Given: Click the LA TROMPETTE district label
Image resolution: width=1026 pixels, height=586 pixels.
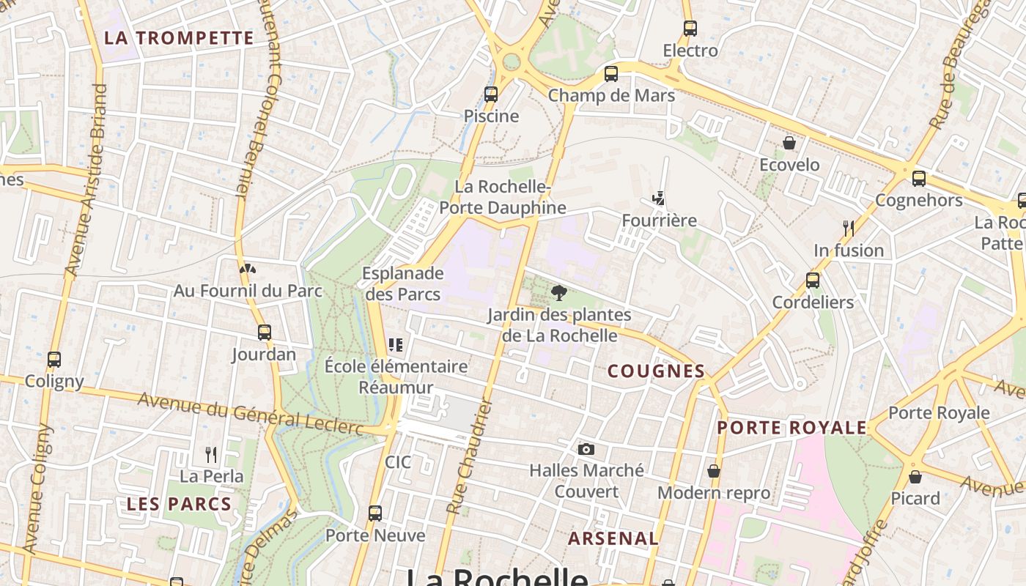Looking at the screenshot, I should pyautogui.click(x=179, y=38).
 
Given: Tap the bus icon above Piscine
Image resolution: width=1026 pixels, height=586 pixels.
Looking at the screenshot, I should pyautogui.click(x=491, y=94).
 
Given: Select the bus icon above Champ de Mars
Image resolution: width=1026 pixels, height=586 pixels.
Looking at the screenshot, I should pyautogui.click(x=611, y=73).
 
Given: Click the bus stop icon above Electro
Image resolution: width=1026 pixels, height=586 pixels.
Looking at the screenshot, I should pyautogui.click(x=690, y=29).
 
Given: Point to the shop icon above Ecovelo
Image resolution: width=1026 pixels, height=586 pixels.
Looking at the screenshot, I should pyautogui.click(x=789, y=143).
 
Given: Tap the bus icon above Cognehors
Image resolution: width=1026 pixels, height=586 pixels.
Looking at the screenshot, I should pyautogui.click(x=918, y=178).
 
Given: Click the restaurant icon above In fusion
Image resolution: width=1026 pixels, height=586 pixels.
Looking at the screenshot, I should pyautogui.click(x=849, y=228).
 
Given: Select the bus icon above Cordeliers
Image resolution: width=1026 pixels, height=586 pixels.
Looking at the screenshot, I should pyautogui.click(x=813, y=280).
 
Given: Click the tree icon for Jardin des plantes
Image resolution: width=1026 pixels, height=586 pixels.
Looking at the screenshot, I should pyautogui.click(x=559, y=293).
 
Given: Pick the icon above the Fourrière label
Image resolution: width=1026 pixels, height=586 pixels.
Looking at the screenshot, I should pyautogui.click(x=660, y=198).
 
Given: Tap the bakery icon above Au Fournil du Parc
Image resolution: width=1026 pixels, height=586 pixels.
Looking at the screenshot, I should pyautogui.click(x=248, y=269).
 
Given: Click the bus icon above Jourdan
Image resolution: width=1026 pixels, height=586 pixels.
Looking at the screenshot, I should pyautogui.click(x=265, y=333).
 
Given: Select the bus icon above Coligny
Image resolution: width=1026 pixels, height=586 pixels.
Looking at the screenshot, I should pyautogui.click(x=54, y=359).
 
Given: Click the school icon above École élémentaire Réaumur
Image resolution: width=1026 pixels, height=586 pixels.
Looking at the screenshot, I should pyautogui.click(x=396, y=344).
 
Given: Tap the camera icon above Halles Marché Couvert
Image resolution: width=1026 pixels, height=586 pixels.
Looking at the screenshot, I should pyautogui.click(x=586, y=449).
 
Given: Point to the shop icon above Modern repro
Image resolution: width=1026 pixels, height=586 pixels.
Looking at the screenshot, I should pyautogui.click(x=714, y=471).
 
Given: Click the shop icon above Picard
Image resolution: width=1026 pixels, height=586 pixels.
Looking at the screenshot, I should pyautogui.click(x=915, y=477).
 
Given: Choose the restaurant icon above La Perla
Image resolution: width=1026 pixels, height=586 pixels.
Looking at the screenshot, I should pyautogui.click(x=211, y=455).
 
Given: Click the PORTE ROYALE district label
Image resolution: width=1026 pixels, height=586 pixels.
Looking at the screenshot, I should pyautogui.click(x=791, y=428).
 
